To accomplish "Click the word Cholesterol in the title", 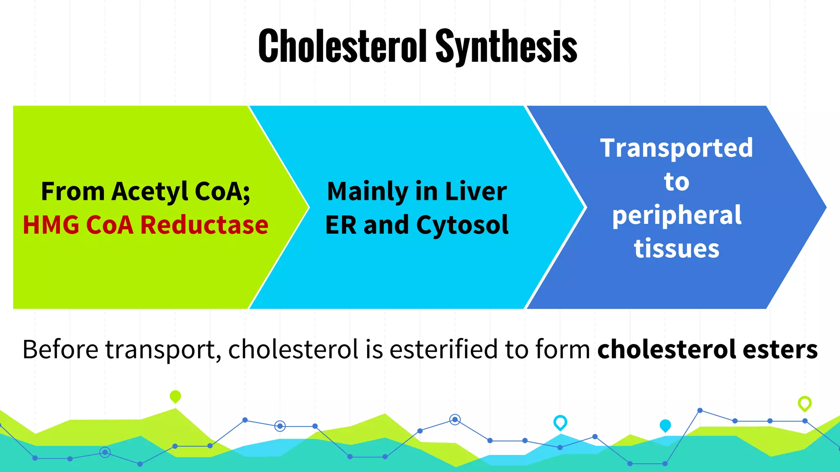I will coord(343,46).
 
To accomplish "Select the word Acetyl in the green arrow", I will coord(150,192).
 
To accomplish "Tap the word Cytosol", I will coord(462,225).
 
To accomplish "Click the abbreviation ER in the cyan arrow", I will coord(340,225).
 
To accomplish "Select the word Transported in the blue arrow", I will coord(676,148).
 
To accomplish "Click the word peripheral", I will coord(677,216).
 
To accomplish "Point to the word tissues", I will coord(677,249).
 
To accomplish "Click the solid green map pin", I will coord(175,396).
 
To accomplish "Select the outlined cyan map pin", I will coord(560,422).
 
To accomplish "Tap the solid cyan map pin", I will coord(665,425).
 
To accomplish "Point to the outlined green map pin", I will coord(804,403).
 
